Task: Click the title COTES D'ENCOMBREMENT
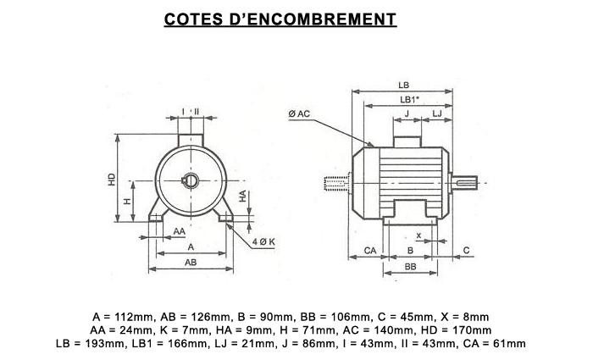click(x=280, y=19)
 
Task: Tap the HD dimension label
click(x=112, y=179)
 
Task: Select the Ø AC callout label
click(x=299, y=114)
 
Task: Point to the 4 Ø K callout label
click(x=263, y=241)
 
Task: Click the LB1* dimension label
click(x=409, y=99)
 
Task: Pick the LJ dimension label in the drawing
click(x=437, y=113)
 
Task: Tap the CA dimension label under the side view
click(x=370, y=251)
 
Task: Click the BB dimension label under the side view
click(x=410, y=267)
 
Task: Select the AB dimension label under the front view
click(x=191, y=262)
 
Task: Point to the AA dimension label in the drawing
click(x=180, y=231)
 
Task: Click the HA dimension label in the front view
click(x=242, y=196)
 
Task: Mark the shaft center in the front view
click(x=191, y=180)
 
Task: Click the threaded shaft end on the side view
click(x=335, y=184)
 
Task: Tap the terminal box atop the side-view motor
click(x=407, y=141)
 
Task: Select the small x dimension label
click(x=418, y=235)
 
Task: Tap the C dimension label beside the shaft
click(x=466, y=250)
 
